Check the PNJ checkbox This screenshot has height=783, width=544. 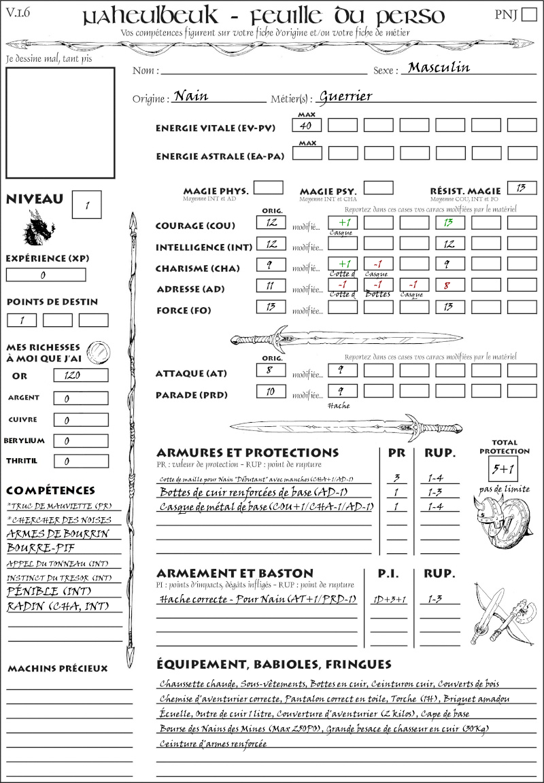click(528, 15)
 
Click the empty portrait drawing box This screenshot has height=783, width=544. click(60, 122)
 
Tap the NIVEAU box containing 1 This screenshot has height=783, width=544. click(87, 205)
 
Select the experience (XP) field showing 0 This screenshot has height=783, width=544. click(46, 275)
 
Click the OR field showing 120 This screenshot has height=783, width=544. click(80, 375)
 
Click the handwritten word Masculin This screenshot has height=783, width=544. click(439, 67)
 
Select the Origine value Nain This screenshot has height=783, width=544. click(191, 96)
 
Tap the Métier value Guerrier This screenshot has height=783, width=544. click(345, 96)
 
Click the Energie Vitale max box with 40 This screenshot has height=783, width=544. click(307, 126)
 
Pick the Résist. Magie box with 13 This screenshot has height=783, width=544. click(522, 188)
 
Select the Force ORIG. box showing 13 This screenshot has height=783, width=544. click(271, 307)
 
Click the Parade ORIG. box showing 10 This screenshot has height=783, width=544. click(271, 391)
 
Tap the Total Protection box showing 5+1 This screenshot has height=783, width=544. click(503, 468)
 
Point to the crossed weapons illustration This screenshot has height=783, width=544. click(503, 614)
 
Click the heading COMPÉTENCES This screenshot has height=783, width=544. click(50, 491)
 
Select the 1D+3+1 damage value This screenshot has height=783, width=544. click(389, 599)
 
